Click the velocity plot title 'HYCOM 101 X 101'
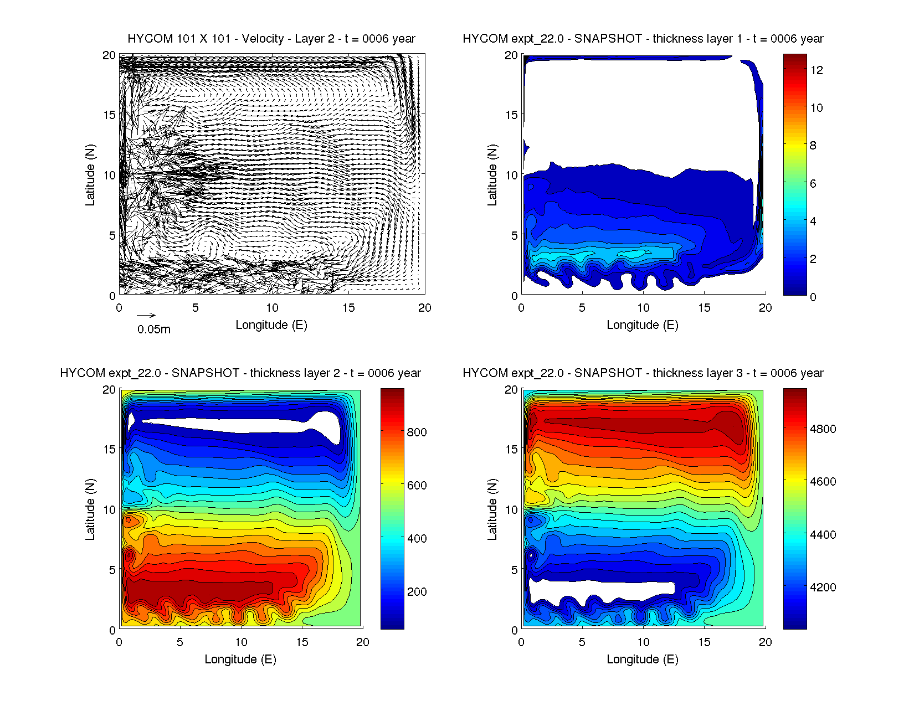[271, 39]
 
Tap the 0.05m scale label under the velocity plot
[154, 329]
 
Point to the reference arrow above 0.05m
[146, 316]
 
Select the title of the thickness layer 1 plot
[643, 39]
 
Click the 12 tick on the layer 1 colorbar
[817, 70]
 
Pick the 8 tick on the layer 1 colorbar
[813, 146]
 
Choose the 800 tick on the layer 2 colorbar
[417, 432]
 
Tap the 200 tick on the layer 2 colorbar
[417, 592]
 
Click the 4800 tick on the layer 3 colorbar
[823, 429]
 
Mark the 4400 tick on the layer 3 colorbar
[823, 535]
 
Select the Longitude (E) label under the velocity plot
[271, 325]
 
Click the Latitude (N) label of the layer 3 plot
[492, 509]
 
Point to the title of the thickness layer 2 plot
[240, 373]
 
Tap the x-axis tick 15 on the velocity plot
[348, 308]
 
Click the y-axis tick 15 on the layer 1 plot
[511, 115]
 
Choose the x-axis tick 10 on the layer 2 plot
[241, 642]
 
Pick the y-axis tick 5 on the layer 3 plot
[515, 570]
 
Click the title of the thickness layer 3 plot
[643, 373]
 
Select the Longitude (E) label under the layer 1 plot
[643, 325]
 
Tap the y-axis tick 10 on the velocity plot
[109, 176]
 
